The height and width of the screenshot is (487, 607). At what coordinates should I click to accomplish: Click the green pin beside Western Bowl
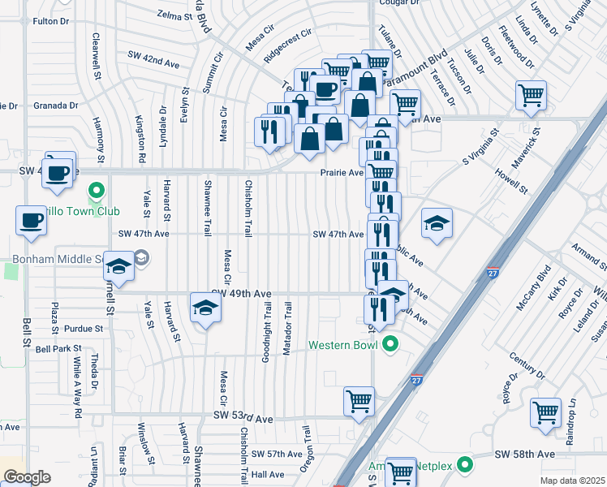(x=390, y=345)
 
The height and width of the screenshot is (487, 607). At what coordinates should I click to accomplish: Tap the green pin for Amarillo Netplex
(x=464, y=466)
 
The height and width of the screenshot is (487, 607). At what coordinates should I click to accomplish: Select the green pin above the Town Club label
(x=97, y=192)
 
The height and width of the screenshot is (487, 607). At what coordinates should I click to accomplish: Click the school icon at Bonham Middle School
(x=118, y=268)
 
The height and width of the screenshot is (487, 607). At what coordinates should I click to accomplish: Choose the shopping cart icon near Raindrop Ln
(x=545, y=412)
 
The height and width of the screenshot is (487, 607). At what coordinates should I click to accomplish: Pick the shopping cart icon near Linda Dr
(x=530, y=95)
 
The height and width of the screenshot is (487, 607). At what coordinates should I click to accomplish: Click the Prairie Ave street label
(x=340, y=173)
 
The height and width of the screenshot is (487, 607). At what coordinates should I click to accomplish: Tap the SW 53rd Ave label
(x=243, y=416)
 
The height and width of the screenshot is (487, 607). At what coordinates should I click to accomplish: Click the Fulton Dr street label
(x=54, y=20)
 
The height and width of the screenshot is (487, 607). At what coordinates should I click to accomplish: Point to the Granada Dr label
(x=55, y=106)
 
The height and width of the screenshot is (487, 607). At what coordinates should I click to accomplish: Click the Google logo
(x=27, y=477)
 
